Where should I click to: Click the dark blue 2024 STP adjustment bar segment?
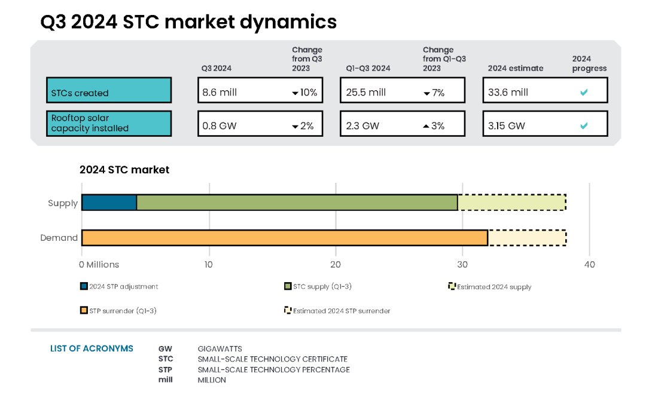109,203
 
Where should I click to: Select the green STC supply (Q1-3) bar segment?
297,203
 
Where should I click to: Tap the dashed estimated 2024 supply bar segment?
511,203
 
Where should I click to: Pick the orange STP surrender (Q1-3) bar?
284,238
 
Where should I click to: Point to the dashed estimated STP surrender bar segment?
526,238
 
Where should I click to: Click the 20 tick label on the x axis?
336,265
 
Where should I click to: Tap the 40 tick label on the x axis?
590,265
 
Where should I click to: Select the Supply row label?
63,203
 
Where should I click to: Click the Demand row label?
59,238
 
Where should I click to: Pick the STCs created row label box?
109,90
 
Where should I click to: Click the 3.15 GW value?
507,126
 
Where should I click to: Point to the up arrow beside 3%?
425,126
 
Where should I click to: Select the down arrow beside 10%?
295,93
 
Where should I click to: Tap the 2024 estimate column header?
516,68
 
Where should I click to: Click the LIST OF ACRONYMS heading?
92,348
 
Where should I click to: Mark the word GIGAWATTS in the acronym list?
220,349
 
